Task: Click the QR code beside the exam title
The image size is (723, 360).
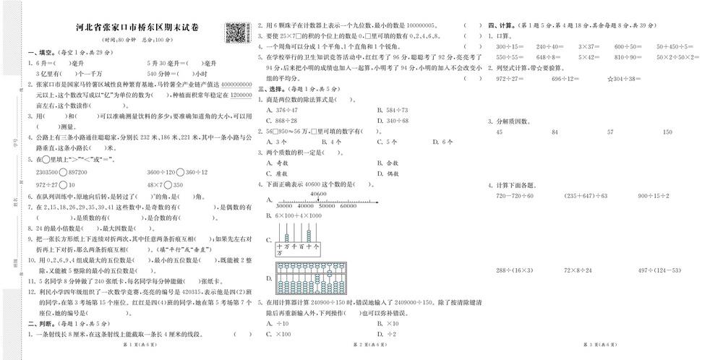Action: pyautogui.click(x=234, y=32)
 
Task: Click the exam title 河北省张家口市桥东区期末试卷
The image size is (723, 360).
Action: pyautogui.click(x=138, y=28)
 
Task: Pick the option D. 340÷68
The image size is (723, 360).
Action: pyautogui.click(x=393, y=120)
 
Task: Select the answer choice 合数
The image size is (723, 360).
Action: pyautogui.click(x=390, y=163)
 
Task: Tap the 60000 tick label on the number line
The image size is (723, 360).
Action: pyautogui.click(x=348, y=206)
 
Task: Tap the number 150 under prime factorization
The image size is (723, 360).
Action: pyautogui.click(x=667, y=132)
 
